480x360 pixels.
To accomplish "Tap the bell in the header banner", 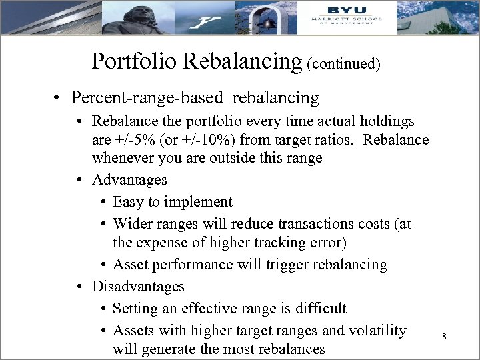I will (269, 22).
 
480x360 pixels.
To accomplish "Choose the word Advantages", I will (129, 180).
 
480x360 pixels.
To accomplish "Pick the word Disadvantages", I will (138, 286).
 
